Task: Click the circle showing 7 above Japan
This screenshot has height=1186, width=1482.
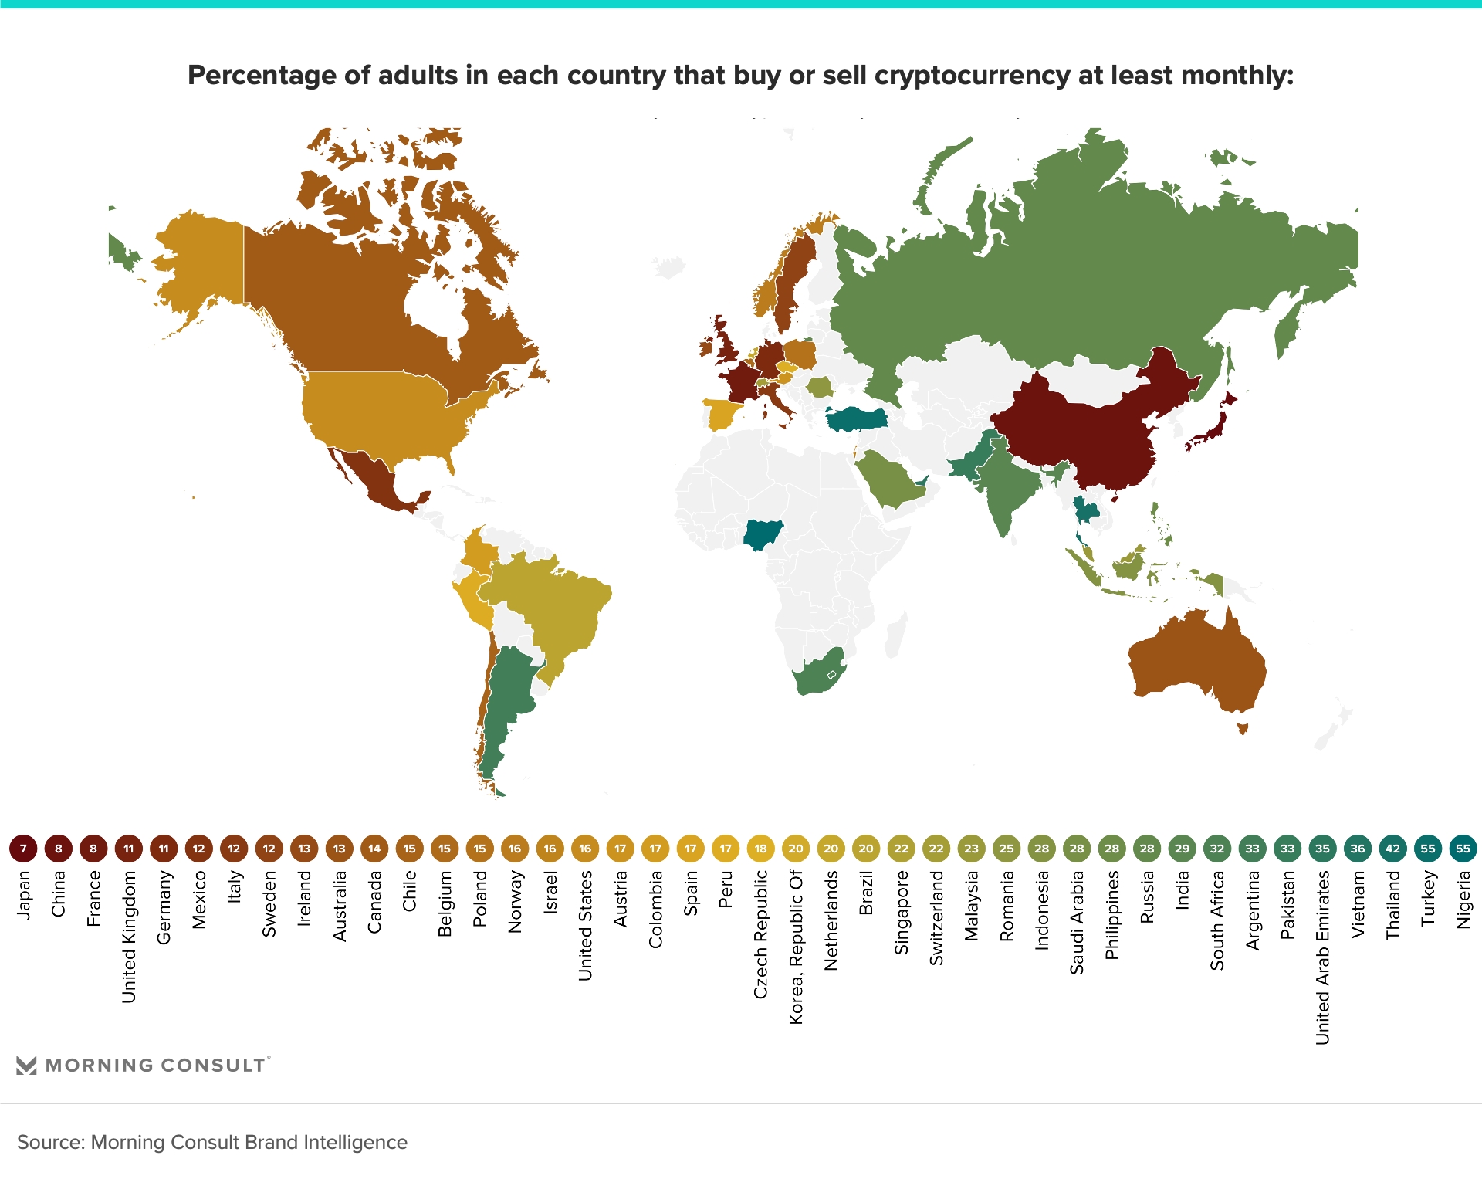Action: click(x=23, y=849)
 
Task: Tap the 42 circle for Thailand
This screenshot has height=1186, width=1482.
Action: click(x=1392, y=849)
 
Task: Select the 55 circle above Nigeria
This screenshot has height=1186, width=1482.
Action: click(x=1463, y=849)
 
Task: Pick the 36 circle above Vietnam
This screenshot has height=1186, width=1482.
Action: click(x=1358, y=849)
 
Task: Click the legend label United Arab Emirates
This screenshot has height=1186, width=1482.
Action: click(x=1323, y=957)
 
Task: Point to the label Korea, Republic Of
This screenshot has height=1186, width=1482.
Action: click(x=796, y=947)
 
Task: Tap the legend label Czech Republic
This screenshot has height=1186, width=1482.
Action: click(x=761, y=934)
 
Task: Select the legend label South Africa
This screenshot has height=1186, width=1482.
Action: click(x=1217, y=920)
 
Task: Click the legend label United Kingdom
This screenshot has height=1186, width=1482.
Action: click(x=129, y=937)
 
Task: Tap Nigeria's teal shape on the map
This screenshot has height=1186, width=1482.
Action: click(x=763, y=534)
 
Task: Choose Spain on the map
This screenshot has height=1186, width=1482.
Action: click(x=721, y=414)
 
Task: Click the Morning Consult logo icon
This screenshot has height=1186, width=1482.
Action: click(x=26, y=1066)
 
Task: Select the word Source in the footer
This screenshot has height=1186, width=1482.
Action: click(x=49, y=1142)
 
